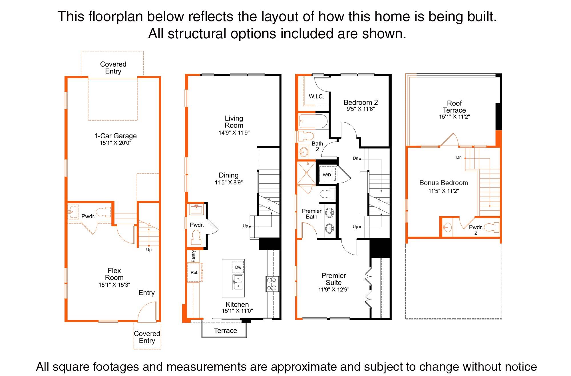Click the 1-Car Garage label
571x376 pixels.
115,136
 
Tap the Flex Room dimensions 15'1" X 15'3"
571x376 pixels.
114,285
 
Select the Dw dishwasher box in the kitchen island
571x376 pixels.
238,267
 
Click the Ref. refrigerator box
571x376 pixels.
194,273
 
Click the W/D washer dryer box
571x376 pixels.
327,175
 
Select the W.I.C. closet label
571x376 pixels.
316,97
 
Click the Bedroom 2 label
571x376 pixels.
361,102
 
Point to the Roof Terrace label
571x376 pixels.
454,107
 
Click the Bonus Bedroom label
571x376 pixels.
443,183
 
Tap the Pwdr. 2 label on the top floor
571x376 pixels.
476,230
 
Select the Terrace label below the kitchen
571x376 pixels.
225,331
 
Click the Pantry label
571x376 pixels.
193,256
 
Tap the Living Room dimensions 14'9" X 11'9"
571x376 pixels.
234,133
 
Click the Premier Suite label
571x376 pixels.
333,279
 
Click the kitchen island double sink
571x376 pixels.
238,282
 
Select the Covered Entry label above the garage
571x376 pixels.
113,68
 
